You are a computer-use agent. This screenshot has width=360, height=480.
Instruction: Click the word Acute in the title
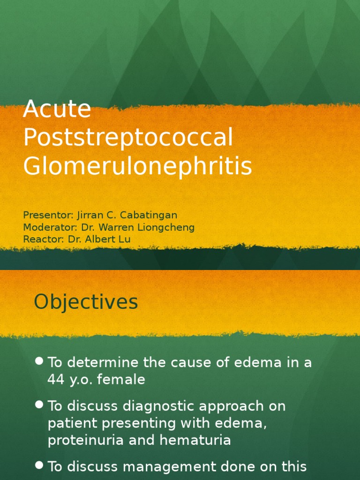point(57,109)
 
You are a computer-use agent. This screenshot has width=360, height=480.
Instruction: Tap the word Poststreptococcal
point(128,138)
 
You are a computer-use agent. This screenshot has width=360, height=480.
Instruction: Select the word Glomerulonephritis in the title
point(138,166)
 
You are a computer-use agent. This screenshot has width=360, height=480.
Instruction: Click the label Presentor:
point(47,215)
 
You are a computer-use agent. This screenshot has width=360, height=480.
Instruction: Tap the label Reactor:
point(43,239)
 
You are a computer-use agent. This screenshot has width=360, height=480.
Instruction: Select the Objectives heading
point(86,302)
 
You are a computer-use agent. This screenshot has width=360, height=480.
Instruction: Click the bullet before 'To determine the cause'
point(39,361)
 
